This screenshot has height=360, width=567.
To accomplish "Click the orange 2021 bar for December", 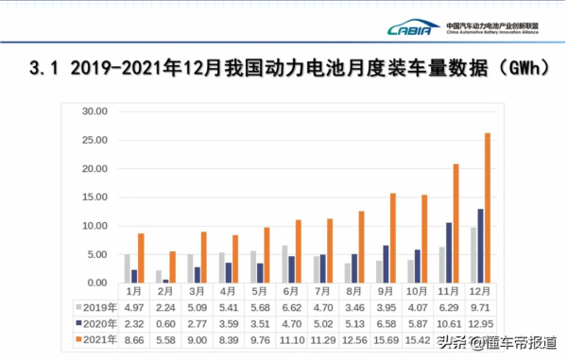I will pos(488,208).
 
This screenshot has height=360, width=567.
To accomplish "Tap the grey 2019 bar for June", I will pos(284,265).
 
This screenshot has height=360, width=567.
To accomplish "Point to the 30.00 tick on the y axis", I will pos(94,111).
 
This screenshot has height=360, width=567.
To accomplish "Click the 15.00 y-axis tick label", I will pos(94,197).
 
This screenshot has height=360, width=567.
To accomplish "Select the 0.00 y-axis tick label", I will pos(97,283).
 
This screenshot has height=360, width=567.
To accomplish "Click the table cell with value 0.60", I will pos(165,322).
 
